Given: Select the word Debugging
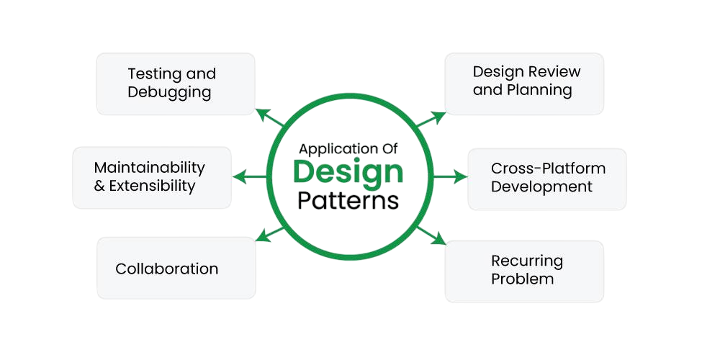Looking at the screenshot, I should [x=169, y=93].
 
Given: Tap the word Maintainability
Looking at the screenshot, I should [x=149, y=168].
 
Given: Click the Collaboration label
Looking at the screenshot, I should [x=166, y=269].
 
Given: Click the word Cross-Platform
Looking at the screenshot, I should [x=548, y=168].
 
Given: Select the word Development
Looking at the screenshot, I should [x=541, y=186].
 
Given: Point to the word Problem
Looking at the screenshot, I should [x=522, y=279].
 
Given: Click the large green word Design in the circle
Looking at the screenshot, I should [x=348, y=173].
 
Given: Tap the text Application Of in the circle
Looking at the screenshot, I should [x=348, y=149].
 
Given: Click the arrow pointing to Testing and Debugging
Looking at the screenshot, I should [x=268, y=117].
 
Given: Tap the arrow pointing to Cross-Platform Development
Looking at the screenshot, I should [x=451, y=176].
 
